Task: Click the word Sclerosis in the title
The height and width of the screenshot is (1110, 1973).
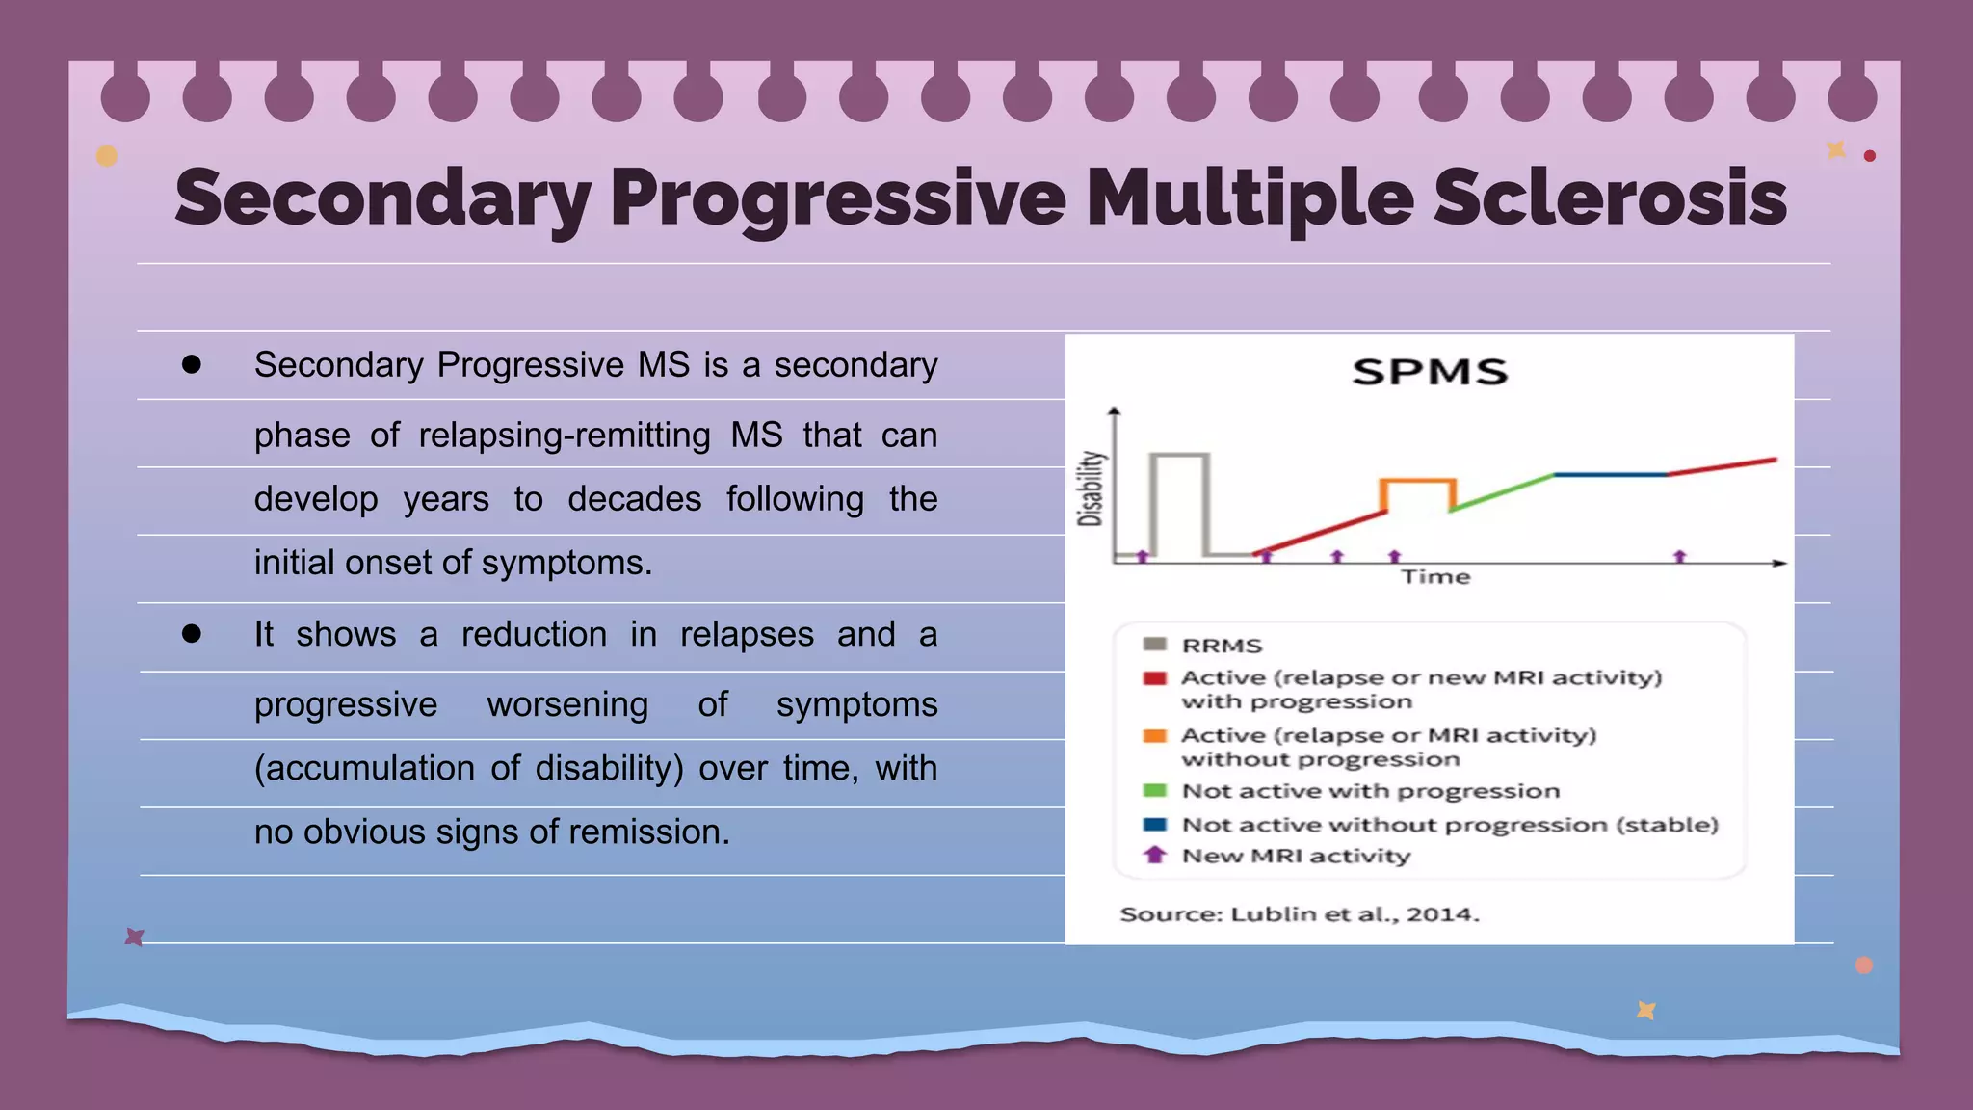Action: pos(1609,198)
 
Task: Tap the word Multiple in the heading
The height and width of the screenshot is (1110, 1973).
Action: pos(1250,198)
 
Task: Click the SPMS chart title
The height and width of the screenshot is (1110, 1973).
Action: pos(1429,372)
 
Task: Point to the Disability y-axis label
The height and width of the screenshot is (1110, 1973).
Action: pos(1090,489)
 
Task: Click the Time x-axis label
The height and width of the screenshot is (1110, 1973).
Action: pos(1435,577)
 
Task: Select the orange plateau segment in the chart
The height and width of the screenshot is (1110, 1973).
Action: pos(1417,480)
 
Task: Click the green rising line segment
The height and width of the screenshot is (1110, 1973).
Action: pos(1503,491)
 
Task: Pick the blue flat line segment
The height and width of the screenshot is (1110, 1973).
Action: pos(1610,475)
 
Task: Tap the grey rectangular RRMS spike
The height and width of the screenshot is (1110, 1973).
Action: pos(1179,455)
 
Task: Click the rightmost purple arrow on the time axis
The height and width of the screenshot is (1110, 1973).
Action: pos(1680,557)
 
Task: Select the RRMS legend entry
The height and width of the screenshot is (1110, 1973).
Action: pos(1222,646)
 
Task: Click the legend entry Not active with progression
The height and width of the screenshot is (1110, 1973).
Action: pos(1370,791)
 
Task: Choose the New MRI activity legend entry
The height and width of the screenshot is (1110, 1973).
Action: pos(1296,856)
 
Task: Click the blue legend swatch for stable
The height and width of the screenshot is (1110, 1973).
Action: pos(1154,825)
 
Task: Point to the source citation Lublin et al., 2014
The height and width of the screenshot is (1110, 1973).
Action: pos(1300,913)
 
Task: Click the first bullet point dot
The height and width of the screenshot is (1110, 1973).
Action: pos(192,364)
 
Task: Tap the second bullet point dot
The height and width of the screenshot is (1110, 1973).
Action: pos(192,633)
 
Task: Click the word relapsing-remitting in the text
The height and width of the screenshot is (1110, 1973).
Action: pos(564,436)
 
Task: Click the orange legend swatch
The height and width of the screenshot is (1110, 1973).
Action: pos(1154,736)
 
